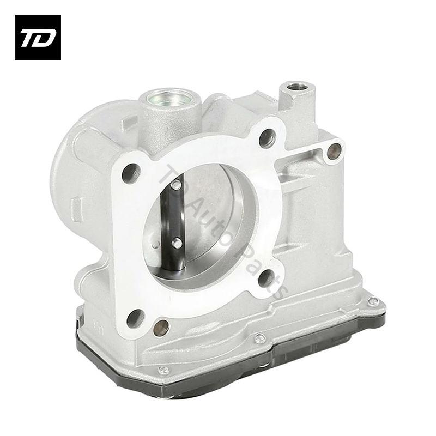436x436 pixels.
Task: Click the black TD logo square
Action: (x=38, y=38)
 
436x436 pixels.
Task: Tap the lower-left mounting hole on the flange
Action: (x=136, y=318)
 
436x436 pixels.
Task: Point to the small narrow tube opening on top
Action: (x=296, y=87)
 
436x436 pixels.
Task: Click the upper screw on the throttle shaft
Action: (x=175, y=185)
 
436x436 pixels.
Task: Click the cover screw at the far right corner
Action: (x=373, y=301)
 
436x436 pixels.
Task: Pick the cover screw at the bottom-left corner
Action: (x=163, y=371)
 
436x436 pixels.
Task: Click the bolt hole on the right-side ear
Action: (x=335, y=151)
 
